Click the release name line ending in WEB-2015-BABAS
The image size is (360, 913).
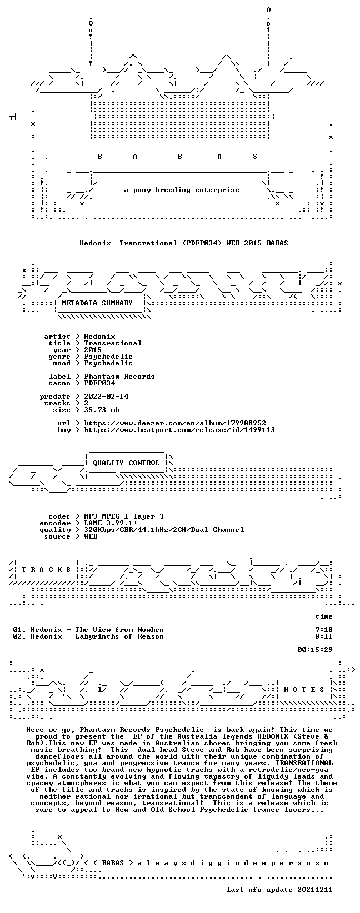(184, 243)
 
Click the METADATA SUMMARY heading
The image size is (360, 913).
(97, 303)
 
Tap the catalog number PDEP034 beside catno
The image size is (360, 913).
(99, 383)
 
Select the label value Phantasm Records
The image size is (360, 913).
(119, 377)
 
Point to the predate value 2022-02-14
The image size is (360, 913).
(106, 397)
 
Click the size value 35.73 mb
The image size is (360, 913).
(102, 410)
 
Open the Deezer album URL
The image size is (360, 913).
(175, 424)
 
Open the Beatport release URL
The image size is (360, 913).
(179, 430)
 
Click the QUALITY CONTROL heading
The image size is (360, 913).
(126, 463)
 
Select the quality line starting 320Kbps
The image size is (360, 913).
(164, 530)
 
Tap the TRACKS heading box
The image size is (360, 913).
(46, 570)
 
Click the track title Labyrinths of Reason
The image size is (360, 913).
(119, 636)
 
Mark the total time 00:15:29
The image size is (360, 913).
(315, 650)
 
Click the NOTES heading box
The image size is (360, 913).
(304, 690)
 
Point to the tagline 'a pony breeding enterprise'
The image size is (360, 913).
(182, 190)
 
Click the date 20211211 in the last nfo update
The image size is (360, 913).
(315, 890)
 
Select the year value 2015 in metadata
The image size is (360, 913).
(93, 350)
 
